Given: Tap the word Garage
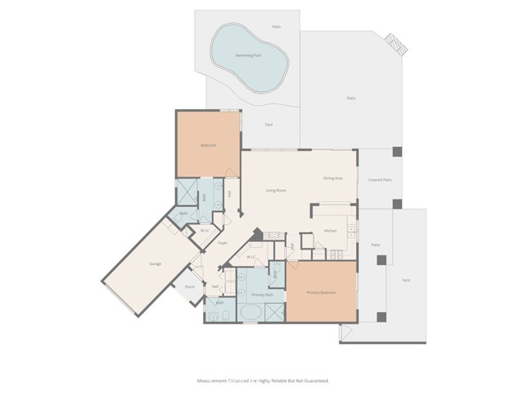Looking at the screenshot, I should [155, 263].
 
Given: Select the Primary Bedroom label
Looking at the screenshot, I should [321, 293].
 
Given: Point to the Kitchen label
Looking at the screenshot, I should [330, 231].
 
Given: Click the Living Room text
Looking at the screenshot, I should [275, 190].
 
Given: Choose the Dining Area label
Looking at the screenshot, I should [333, 178].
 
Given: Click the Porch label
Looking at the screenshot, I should [190, 286].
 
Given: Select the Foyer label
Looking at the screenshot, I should [222, 244].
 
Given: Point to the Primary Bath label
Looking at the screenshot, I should [262, 294].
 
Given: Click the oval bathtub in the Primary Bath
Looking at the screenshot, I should [250, 313].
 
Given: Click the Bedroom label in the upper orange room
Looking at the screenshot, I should [209, 145].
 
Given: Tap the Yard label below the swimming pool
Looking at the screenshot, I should [269, 124].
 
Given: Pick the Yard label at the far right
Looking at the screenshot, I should [405, 280].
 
